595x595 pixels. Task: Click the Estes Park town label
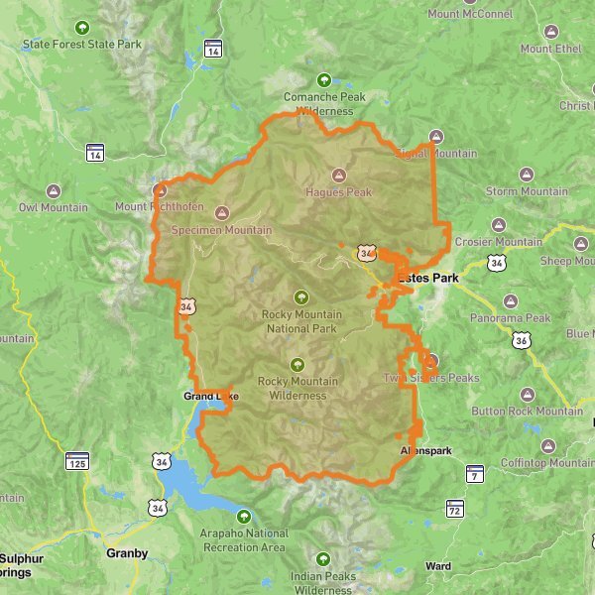tap(428, 279)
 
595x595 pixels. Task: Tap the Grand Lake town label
tap(210, 397)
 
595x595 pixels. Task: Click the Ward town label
tap(437, 566)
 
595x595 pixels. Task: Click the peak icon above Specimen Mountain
tap(220, 212)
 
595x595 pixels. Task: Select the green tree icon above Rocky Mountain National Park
tap(300, 297)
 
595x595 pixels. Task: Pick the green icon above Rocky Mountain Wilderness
tap(297, 363)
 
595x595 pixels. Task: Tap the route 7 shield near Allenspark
tap(474, 473)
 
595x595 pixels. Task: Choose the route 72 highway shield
tap(454, 508)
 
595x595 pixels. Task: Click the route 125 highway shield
tap(76, 461)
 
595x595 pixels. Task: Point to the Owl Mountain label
tap(54, 207)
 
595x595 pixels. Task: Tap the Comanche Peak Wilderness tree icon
tap(322, 80)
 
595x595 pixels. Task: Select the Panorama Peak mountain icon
tap(511, 300)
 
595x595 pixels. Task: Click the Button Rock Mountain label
tap(527, 411)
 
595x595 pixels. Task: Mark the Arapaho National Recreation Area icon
tap(245, 516)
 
